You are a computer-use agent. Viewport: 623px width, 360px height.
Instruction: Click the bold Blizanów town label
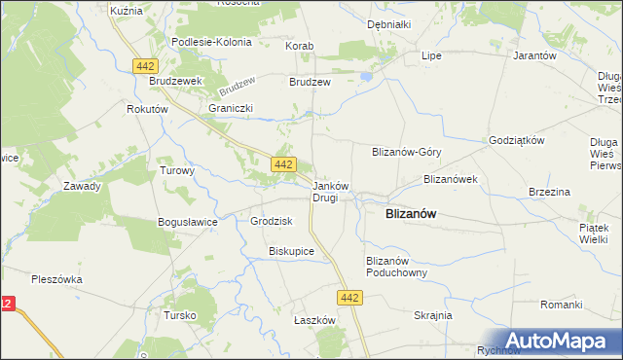coord(410,214)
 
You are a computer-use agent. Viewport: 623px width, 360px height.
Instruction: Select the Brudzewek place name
coord(174,83)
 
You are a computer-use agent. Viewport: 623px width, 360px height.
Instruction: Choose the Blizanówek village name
coord(449,179)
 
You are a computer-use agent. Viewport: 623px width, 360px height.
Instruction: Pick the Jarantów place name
coord(533,56)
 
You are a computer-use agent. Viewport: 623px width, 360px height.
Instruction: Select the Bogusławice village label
coord(187,222)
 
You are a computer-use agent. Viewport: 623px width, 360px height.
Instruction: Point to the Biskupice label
coord(291,251)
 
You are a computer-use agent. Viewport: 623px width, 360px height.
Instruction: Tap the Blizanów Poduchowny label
coord(396,267)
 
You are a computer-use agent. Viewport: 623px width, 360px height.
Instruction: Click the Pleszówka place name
coord(56,279)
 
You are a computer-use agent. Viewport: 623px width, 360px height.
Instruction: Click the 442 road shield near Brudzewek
coord(145,64)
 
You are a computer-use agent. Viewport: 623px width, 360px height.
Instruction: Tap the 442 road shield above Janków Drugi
coord(283,164)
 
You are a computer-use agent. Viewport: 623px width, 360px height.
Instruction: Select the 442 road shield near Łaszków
coord(352,297)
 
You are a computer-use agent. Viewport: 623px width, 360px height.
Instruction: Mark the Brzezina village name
coord(549,193)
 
